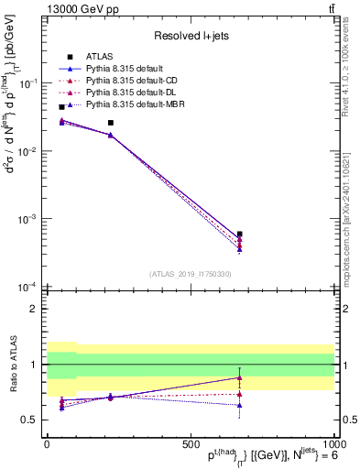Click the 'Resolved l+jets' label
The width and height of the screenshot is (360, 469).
coord(191,35)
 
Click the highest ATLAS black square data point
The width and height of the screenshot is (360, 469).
coord(61,107)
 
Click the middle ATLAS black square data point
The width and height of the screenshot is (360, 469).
coord(111,123)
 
